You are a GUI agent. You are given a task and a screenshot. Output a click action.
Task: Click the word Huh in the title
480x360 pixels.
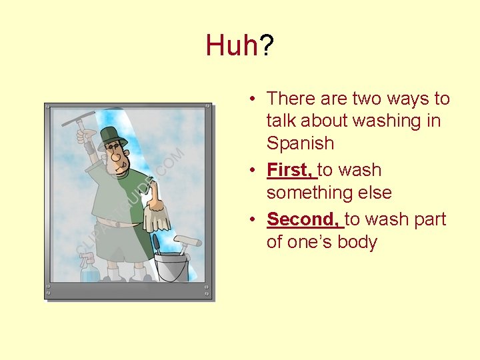pos(231,46)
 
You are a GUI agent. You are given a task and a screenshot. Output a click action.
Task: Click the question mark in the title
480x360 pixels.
pos(266,46)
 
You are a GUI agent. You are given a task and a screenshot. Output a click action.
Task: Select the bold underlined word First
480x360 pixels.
pos(291,170)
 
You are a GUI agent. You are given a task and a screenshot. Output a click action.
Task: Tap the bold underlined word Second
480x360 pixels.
pos(304,219)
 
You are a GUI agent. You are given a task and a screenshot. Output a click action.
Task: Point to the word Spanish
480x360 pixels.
pos(300,143)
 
